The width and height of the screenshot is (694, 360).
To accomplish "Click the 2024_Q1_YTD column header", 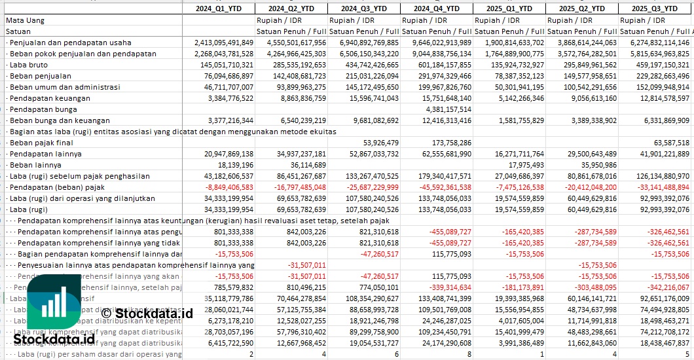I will coord(219,9).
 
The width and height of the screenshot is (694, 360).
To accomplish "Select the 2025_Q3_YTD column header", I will coord(655,9).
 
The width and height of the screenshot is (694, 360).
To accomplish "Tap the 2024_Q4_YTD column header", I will coord(436,9).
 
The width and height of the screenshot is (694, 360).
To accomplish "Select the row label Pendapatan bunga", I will coord(40,109).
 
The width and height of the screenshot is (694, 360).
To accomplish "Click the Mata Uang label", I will coord(25,20).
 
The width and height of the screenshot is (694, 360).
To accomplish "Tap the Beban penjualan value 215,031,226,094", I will coord(367,76).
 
